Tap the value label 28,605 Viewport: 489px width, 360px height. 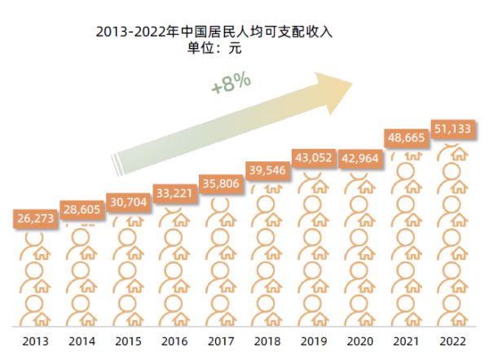click(81, 209)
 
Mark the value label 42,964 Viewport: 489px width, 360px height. click(359, 157)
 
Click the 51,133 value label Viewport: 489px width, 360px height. click(452, 129)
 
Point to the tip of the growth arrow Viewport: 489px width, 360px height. click(353, 80)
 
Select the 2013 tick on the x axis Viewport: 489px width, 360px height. click(36, 341)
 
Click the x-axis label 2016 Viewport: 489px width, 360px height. click(174, 341)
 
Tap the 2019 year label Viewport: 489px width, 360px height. click(313, 341)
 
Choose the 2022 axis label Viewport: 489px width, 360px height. click(452, 341)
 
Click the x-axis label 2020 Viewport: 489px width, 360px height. click(359, 341)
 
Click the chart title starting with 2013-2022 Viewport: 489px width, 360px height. click(214, 32)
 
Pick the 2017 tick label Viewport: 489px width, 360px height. click(220, 341)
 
